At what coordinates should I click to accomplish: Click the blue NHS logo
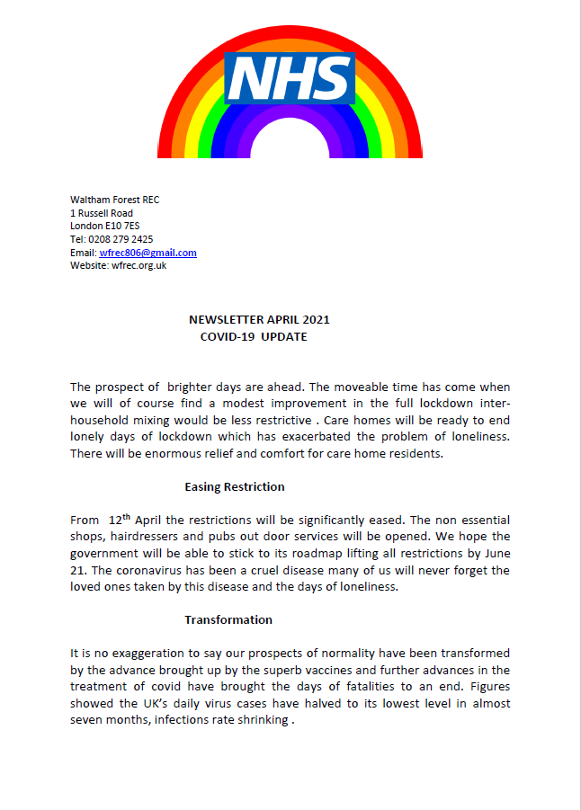290,77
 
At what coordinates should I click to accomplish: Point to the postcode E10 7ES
119,226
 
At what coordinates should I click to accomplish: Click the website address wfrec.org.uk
137,265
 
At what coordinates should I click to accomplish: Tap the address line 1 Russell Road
102,213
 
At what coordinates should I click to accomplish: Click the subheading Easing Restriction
235,487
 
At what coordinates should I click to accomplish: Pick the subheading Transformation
228,619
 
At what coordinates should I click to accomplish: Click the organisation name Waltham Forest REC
114,200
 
